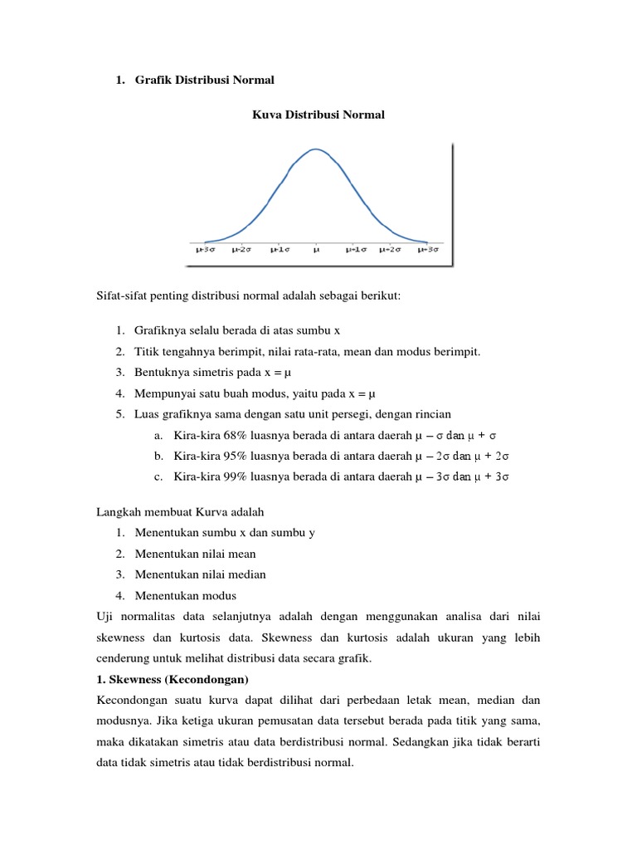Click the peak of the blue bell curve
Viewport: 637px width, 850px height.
pyautogui.click(x=316, y=150)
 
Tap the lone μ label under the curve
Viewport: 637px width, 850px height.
pyautogui.click(x=317, y=248)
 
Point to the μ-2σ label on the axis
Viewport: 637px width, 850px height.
pyautogui.click(x=242, y=248)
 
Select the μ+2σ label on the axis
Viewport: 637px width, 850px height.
pyautogui.click(x=390, y=248)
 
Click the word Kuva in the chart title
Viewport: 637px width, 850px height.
pyautogui.click(x=266, y=115)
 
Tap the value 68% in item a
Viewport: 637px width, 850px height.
pyautogui.click(x=226, y=435)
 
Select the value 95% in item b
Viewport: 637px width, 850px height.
pyautogui.click(x=226, y=456)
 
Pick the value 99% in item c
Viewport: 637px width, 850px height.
pyautogui.click(x=226, y=476)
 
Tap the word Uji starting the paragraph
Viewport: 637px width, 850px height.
pyautogui.click(x=106, y=616)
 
